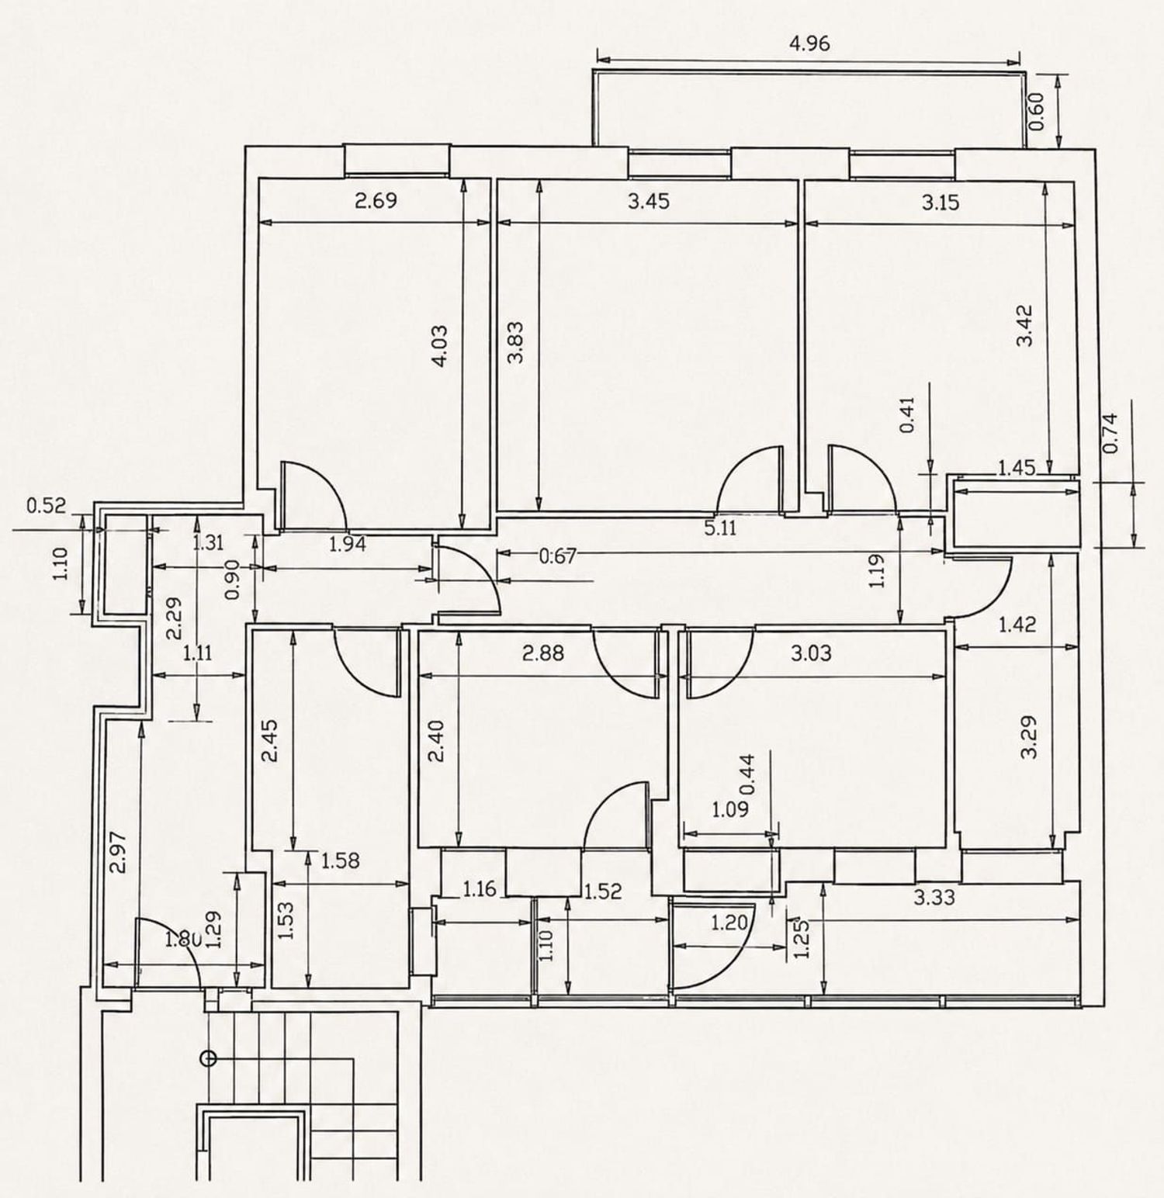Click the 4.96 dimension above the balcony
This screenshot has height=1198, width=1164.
pos(809,43)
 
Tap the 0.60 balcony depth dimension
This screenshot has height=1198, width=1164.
pos(1037,113)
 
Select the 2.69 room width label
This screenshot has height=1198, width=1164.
pos(376,201)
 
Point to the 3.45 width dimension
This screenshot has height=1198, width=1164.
pos(649,202)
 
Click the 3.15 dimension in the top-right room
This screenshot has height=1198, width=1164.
pos(941,203)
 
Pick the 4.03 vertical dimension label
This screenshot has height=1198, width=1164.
pos(439,345)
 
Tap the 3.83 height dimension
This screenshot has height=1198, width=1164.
pos(515,342)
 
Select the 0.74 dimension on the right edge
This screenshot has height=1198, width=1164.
pos(1111,433)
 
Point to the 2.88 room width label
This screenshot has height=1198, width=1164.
pos(543,653)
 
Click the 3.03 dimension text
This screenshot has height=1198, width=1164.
pos(811,653)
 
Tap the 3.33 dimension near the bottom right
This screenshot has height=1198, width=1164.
pos(934,898)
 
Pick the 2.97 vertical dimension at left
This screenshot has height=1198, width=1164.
pos(118,852)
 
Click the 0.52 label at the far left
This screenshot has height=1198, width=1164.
pos(47,507)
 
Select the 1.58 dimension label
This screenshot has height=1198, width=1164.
pos(340,860)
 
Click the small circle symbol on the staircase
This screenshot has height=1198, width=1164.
pos(208,1058)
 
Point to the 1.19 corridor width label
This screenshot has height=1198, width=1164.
pos(877,570)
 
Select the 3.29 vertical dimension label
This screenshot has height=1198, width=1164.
pos(1029,737)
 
